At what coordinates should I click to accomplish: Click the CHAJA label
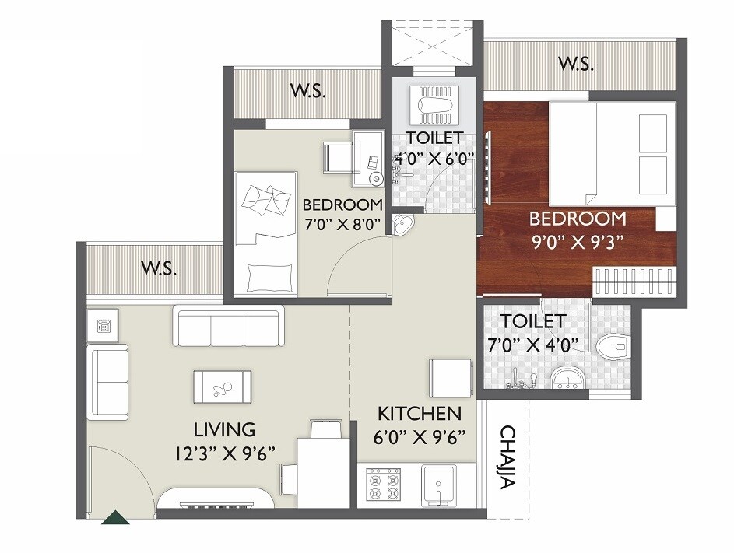(507, 457)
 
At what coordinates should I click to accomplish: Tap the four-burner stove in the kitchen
(383, 485)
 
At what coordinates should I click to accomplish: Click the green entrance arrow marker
(116, 516)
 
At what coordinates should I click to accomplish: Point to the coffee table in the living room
(223, 387)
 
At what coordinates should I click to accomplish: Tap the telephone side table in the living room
(103, 327)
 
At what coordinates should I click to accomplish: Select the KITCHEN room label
(420, 413)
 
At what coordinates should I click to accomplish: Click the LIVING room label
(225, 429)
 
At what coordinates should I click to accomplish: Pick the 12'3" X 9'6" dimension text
(226, 452)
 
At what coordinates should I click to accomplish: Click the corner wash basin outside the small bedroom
(402, 226)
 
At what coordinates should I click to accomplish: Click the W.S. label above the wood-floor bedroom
(576, 64)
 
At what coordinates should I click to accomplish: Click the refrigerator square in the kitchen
(449, 378)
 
